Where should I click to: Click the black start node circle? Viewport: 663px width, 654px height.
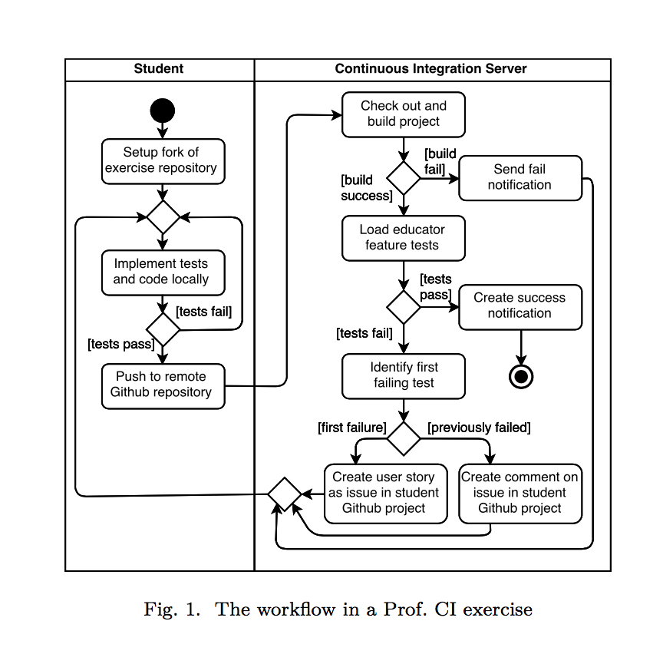[163, 111]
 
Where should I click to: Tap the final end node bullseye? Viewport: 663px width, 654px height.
[521, 376]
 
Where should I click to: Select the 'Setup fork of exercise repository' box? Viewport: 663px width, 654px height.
[163, 161]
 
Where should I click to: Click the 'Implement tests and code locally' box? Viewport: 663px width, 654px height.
[163, 272]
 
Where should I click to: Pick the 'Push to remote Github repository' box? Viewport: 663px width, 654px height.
[163, 386]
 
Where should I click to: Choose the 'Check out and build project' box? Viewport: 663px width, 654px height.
[404, 114]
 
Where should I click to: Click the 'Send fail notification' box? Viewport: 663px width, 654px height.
[520, 178]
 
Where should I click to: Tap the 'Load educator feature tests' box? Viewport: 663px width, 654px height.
[404, 238]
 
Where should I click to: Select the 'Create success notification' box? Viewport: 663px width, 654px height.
[520, 307]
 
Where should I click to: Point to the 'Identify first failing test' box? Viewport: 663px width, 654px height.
[404, 376]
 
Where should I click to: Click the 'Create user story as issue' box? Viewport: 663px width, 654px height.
[386, 494]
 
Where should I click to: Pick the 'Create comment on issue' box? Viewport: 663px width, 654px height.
[520, 494]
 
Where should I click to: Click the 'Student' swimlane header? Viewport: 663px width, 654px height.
[159, 68]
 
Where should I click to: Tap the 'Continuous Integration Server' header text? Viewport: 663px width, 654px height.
[430, 68]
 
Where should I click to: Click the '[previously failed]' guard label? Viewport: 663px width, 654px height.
[479, 428]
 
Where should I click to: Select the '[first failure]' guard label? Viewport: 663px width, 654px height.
[352, 428]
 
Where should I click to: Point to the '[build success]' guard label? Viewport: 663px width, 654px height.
[367, 188]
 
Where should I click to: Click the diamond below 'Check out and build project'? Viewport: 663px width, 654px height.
[404, 178]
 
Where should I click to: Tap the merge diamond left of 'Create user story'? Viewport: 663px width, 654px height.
[285, 494]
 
